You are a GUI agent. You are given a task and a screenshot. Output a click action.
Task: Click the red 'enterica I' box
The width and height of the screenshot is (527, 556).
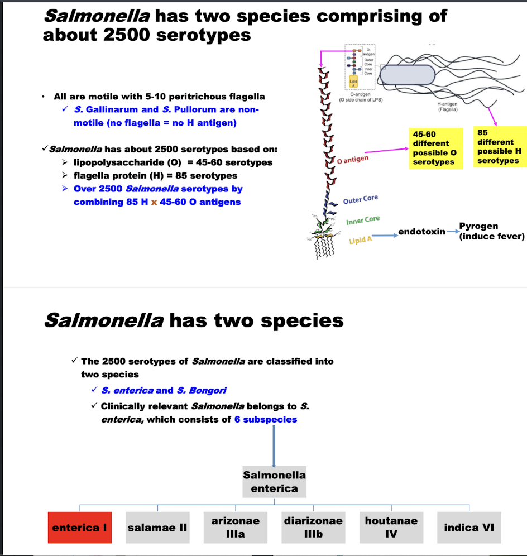(80, 528)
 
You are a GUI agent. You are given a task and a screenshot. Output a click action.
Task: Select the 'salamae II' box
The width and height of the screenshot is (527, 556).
(157, 528)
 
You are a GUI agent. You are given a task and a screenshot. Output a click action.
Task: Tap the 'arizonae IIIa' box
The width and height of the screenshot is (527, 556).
(235, 528)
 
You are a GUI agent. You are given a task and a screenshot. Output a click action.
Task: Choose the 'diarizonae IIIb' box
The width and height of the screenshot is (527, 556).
(313, 528)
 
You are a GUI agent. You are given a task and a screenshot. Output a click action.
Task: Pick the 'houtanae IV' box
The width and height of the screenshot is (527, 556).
(391, 528)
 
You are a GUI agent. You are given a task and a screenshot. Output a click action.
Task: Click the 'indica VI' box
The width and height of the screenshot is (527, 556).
(469, 528)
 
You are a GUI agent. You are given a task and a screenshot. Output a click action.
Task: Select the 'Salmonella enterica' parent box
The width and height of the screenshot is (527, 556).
(274, 482)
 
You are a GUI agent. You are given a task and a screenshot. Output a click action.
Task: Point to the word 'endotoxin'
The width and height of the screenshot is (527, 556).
(421, 232)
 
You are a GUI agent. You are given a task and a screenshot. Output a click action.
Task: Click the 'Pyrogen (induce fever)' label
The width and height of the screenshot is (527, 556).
(491, 231)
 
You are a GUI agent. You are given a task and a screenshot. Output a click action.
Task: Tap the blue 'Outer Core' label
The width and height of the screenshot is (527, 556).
(361, 199)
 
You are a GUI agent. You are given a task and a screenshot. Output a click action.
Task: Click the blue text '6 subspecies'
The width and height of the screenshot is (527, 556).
(262, 419)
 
